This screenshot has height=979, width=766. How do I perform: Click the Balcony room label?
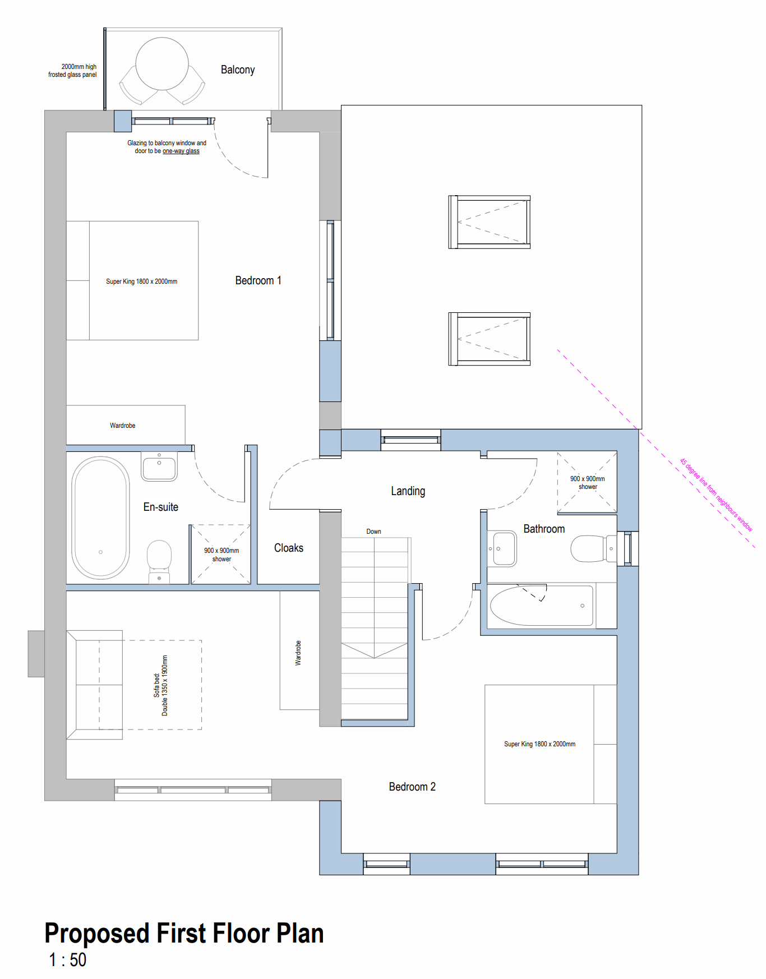[238, 70]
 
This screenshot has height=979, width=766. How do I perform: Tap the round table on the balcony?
[162, 63]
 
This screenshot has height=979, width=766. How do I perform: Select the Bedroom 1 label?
[258, 280]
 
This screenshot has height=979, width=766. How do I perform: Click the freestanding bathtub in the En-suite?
[100, 518]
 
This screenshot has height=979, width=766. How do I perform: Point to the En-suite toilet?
[159, 561]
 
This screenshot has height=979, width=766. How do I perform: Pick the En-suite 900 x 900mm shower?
[221, 555]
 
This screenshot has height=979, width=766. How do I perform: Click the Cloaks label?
[289, 548]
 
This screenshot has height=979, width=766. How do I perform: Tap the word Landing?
[408, 491]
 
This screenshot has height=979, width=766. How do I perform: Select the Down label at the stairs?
[373, 532]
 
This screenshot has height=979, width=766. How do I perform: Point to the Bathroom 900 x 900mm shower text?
[588, 483]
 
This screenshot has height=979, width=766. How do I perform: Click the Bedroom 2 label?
[412, 787]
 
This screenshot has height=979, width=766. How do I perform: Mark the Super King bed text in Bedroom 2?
[539, 744]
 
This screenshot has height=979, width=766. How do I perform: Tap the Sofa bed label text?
[160, 685]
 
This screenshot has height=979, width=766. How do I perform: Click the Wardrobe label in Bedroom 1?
[122, 426]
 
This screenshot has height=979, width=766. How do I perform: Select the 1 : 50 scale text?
[67, 960]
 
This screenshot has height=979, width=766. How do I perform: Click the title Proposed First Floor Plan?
[184, 934]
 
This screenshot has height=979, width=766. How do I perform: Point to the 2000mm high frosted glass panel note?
[72, 71]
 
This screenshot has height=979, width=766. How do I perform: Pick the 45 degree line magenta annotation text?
[716, 495]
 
